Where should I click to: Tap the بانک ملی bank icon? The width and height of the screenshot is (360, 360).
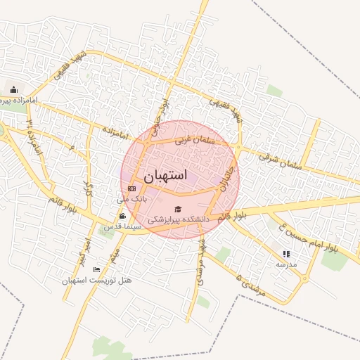[x=132, y=188]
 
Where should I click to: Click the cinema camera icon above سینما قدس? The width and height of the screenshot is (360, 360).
[x=123, y=216]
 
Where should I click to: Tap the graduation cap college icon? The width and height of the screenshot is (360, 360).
[x=178, y=210]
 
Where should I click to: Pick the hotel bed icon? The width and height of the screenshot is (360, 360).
[x=97, y=270]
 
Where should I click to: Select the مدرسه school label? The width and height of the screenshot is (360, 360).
[x=286, y=264]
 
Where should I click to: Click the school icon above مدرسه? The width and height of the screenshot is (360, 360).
[x=286, y=254]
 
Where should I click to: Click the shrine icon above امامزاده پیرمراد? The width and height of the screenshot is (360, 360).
[x=13, y=89]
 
